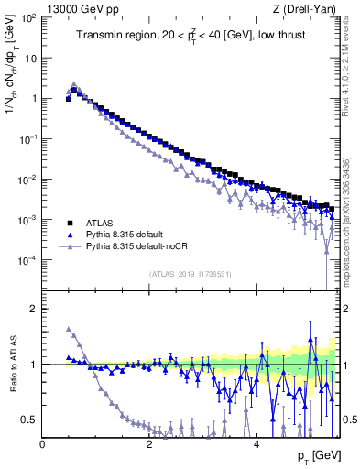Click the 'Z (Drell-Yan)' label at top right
tap(307, 8)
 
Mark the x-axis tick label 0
tap(42, 443)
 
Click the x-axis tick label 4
tap(256, 443)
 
